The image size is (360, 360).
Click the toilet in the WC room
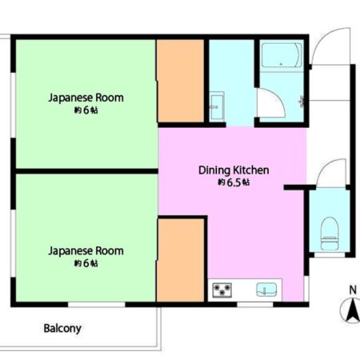pos(330,234)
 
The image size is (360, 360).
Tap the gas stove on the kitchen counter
pos(222,290)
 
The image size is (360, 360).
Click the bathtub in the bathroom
pos(282,55)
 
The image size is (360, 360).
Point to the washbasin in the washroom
pos(217,106)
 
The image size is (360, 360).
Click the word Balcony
pos(62,328)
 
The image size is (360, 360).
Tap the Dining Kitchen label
pos(234,170)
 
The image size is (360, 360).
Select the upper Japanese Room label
pos(86,98)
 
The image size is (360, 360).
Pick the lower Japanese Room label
pos(86,251)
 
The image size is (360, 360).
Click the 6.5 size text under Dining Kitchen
pos(234,182)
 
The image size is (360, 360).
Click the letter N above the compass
pos(353,290)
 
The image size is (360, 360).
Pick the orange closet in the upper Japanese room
pos(181,81)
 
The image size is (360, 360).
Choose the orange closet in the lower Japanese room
pos(181,260)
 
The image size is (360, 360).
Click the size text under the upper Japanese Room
pos(86,110)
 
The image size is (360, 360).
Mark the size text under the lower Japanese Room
pos(86,263)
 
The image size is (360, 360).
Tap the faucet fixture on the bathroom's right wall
pos(302,102)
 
